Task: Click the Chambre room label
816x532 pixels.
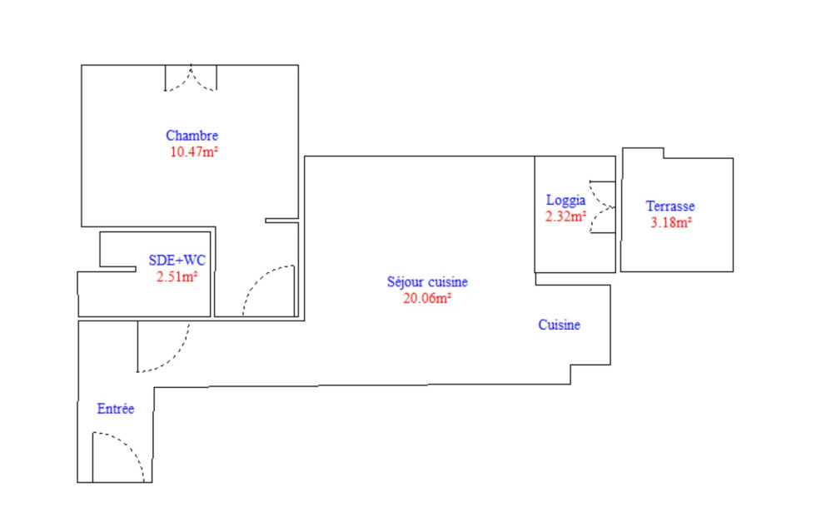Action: click(x=192, y=136)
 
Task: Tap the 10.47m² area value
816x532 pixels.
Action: click(x=193, y=152)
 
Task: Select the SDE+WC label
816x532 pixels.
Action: click(x=177, y=260)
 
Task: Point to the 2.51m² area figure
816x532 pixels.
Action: click(x=177, y=276)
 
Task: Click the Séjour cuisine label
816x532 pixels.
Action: click(x=427, y=282)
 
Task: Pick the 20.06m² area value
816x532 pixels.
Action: click(x=426, y=298)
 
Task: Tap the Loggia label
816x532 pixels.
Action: click(x=565, y=201)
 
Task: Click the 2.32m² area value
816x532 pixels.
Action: click(x=565, y=216)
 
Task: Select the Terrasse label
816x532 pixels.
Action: click(x=670, y=206)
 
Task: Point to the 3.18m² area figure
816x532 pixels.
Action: click(x=671, y=222)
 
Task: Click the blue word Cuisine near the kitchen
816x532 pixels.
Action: click(x=559, y=325)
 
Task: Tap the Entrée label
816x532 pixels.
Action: click(x=116, y=409)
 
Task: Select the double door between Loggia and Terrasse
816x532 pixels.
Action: click(x=603, y=206)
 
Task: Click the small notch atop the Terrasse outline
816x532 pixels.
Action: click(x=643, y=152)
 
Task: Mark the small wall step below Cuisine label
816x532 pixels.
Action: click(x=590, y=375)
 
